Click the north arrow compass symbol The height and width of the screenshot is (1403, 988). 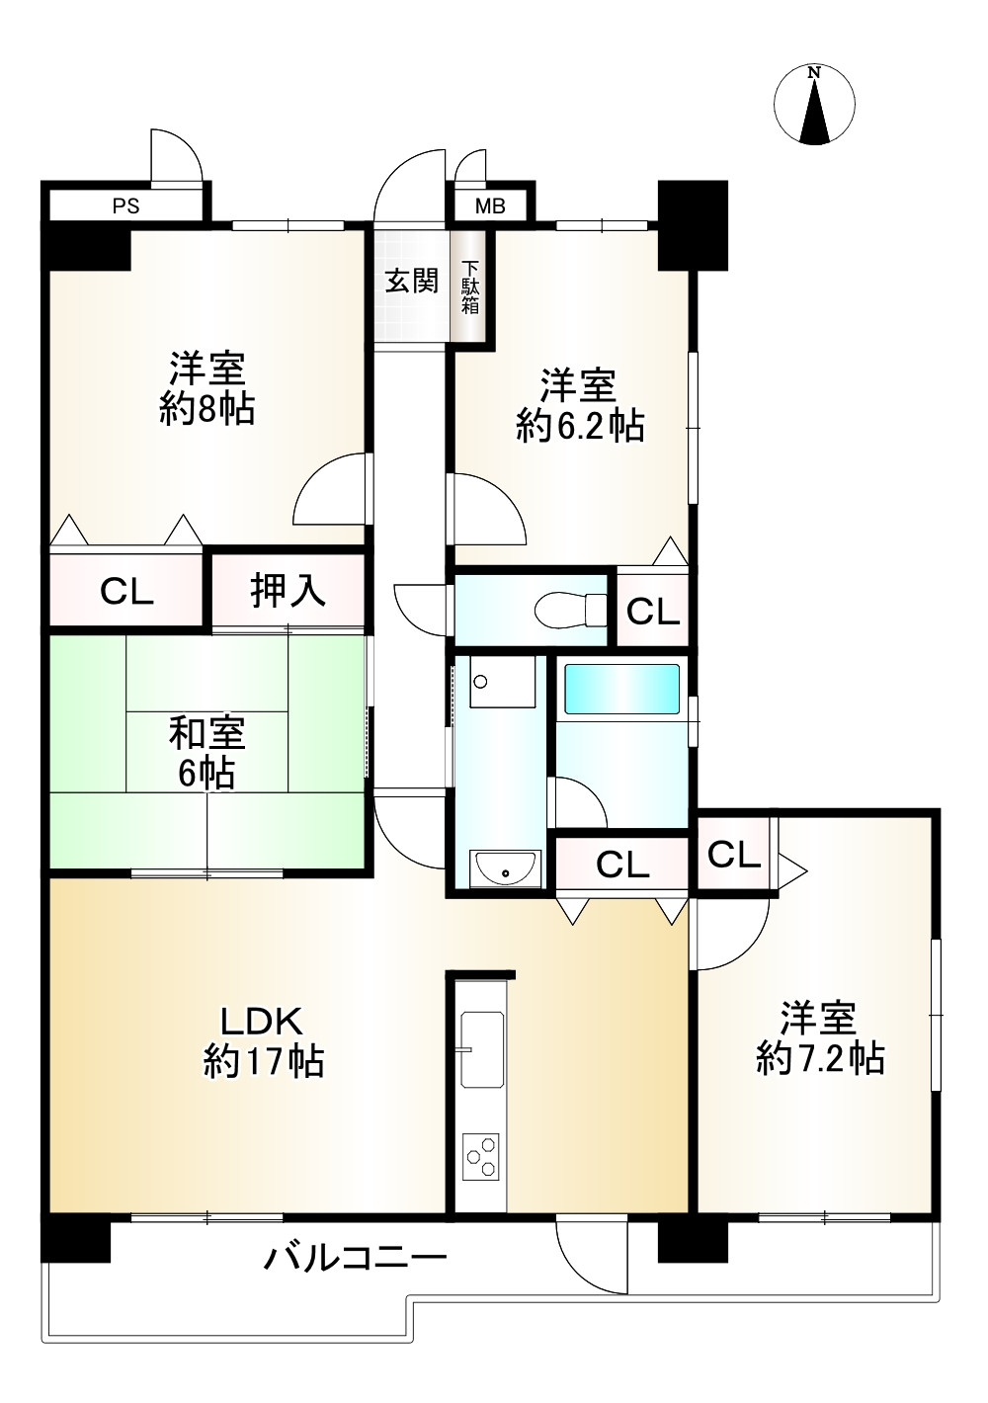pos(814,106)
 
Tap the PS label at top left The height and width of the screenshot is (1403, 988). pos(125,206)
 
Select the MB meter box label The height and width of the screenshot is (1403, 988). pos(490,206)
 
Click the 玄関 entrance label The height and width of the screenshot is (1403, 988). pos(411,282)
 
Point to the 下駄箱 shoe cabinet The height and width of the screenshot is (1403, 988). pos(470,287)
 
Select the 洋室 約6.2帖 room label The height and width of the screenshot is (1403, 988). pos(579,405)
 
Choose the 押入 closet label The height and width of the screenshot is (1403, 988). pos(288,591)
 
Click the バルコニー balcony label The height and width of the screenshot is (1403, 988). pos(356,1258)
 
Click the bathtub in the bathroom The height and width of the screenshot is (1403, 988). pos(621,689)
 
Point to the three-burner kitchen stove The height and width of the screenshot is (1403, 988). pos(482,1156)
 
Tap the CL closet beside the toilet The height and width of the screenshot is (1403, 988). pos(653,613)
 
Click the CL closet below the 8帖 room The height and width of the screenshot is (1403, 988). pos(126,592)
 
